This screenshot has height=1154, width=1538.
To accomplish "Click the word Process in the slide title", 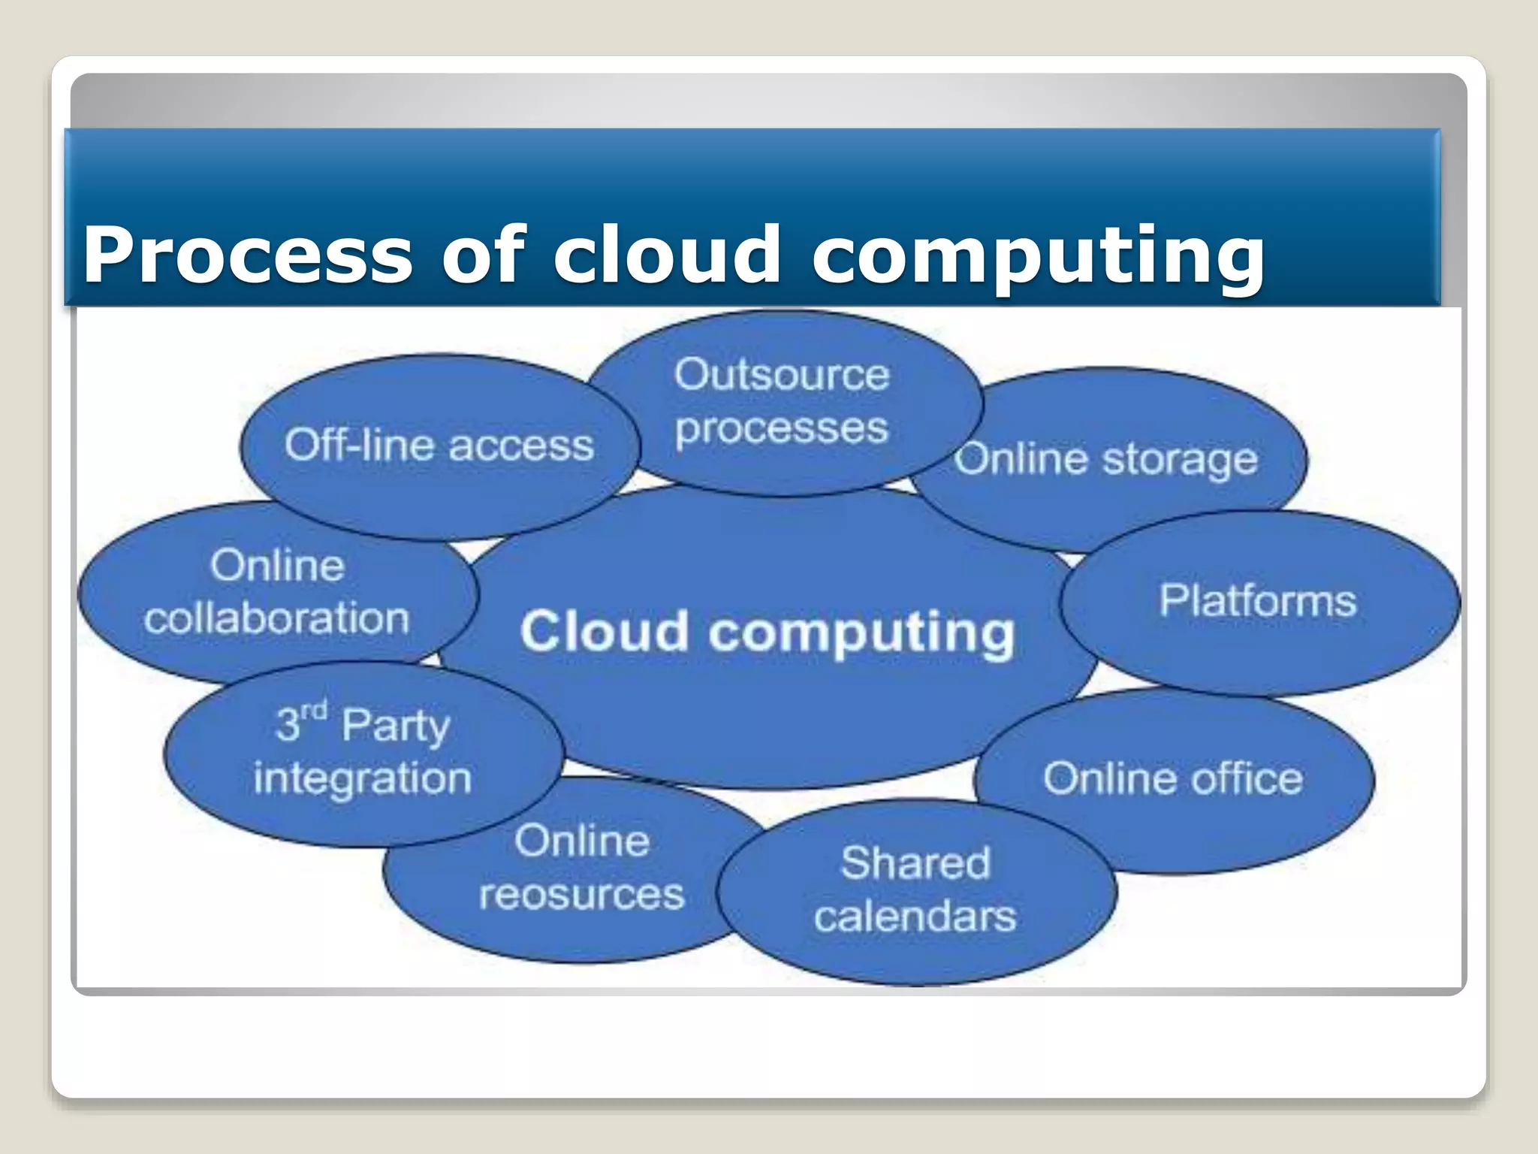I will [x=248, y=255].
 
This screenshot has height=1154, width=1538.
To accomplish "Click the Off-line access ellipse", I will [x=439, y=446].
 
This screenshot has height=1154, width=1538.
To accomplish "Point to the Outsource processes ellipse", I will [x=782, y=402].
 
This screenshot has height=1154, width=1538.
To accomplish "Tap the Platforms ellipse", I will [x=1259, y=601].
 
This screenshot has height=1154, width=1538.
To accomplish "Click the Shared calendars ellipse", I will [x=915, y=890].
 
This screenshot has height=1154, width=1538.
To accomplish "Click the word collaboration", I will [x=277, y=619].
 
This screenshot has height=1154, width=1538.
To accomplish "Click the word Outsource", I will [x=782, y=374].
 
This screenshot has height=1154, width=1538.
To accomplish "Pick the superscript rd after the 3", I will [x=314, y=710].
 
